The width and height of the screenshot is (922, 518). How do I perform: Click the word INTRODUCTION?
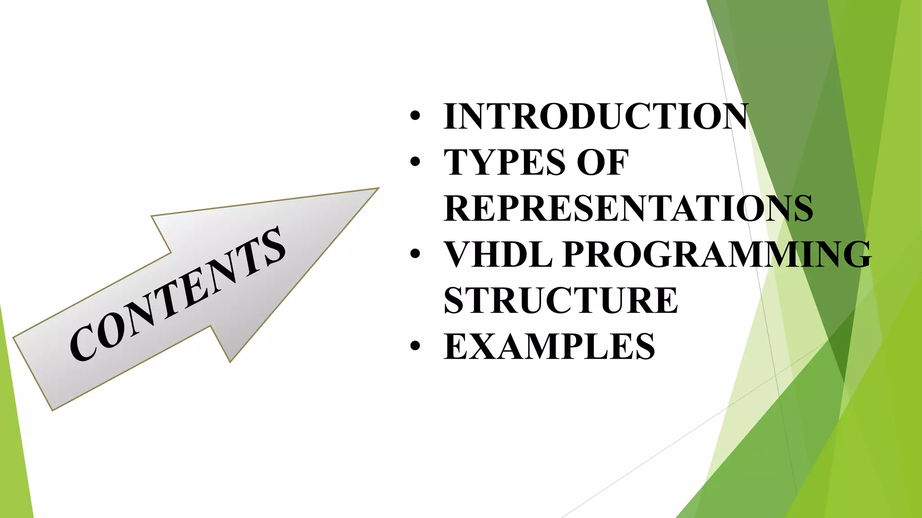pyautogui.click(x=595, y=116)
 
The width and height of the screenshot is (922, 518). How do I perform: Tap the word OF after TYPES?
pyautogui.click(x=602, y=162)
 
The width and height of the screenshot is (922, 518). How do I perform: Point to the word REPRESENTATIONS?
pyautogui.click(x=628, y=209)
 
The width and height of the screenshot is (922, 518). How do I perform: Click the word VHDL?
pyautogui.click(x=498, y=255)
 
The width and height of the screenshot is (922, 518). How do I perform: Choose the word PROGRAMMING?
pyautogui.click(x=717, y=255)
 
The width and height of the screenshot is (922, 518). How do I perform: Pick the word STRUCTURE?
pyautogui.click(x=560, y=301)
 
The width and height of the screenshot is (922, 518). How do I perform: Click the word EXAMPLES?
pyautogui.click(x=549, y=347)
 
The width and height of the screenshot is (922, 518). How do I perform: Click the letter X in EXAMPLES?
pyautogui.click(x=488, y=347)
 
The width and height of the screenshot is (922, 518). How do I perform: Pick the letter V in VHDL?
pyautogui.click(x=460, y=255)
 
